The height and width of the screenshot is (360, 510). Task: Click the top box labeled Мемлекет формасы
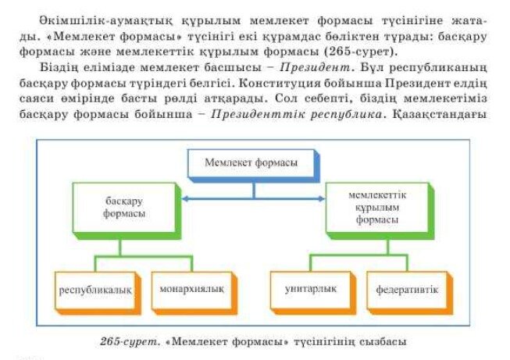254,166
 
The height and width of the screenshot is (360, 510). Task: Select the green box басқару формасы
127,211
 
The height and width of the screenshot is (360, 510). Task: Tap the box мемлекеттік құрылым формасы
380,211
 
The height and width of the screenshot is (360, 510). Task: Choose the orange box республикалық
98,293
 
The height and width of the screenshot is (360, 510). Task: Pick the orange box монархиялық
194,293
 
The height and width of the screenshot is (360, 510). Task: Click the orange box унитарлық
313,293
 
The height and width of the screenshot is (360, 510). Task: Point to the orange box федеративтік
409,293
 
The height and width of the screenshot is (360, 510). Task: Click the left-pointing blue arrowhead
185,198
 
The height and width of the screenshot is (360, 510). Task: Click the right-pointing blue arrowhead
321,198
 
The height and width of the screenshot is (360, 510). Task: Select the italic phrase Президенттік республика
296,114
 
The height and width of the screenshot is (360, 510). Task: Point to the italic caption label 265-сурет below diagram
130,342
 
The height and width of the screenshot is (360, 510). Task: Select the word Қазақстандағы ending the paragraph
440,115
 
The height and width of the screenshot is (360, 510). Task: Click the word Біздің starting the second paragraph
59,68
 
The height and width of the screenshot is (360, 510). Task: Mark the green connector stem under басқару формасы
120,248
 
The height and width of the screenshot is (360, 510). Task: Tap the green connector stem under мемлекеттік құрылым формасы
387,247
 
